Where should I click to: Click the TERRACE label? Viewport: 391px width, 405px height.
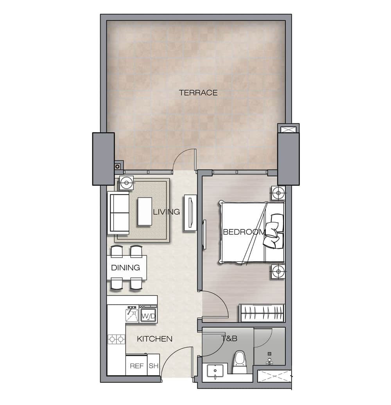[198, 93]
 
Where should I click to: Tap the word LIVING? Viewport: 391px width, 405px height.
[166, 212]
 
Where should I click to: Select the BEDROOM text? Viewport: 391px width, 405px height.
[244, 232]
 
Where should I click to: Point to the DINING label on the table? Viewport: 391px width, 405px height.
[126, 268]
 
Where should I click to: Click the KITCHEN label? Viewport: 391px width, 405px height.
[155, 339]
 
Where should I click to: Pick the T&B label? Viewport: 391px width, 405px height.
[229, 338]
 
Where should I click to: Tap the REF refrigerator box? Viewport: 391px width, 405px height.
[136, 365]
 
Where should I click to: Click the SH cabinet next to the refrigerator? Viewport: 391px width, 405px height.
[153, 365]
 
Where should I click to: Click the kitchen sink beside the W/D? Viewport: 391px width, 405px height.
[132, 314]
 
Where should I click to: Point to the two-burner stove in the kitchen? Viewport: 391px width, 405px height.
[117, 339]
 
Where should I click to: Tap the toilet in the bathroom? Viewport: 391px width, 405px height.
[239, 362]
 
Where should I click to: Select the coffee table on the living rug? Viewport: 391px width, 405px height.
[145, 212]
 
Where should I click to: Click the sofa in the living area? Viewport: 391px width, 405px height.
[118, 213]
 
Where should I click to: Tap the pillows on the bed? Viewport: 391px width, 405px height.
[274, 231]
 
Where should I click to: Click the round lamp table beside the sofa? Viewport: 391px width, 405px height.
[126, 183]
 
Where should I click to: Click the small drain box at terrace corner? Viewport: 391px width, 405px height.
[117, 167]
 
